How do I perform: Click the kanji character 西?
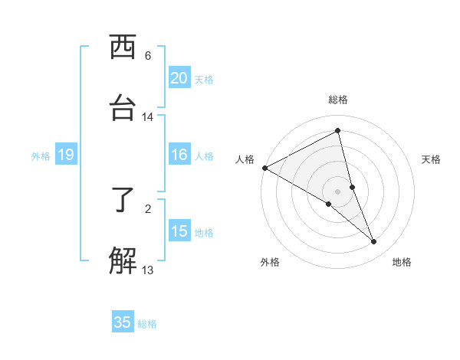pos(123,47)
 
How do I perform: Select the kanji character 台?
pos(123,108)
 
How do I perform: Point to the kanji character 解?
pos(123,261)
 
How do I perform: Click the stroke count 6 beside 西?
pos(148,56)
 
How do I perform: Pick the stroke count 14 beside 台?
pos(148,117)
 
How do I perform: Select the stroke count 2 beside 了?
pos(148,208)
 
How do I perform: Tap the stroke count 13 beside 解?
pos(148,270)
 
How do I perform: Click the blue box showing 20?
pos(179,78)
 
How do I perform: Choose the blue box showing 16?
pos(179,155)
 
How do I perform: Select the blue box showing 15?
pos(179,231)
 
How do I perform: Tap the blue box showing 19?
pos(65,155)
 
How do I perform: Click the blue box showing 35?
pos(123,322)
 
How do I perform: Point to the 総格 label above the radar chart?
pos(338,100)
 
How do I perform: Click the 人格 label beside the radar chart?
pos(245,159)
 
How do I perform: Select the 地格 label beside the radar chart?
pos(402,262)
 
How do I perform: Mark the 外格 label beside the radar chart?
pos(270,262)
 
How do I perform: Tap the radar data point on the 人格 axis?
pos(264,168)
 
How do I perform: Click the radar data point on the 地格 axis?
pos(374,242)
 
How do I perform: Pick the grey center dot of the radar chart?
pos(338,191)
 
